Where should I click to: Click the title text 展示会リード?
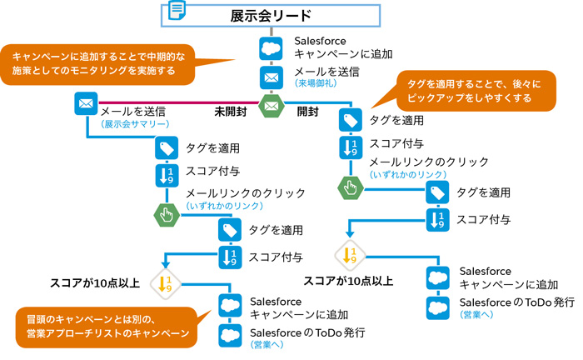pyautogui.click(x=271, y=15)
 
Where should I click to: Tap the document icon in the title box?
pyautogui.click(x=177, y=12)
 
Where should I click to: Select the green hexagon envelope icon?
pyautogui.click(x=271, y=107)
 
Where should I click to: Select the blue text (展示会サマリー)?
pyautogui.click(x=135, y=123)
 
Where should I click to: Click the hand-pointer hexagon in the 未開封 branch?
pyautogui.click(x=166, y=213)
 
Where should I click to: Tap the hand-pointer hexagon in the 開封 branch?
pyautogui.click(x=351, y=187)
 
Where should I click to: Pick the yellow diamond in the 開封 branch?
pyautogui.click(x=350, y=253)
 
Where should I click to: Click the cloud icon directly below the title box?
pyautogui.click(x=271, y=47)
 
